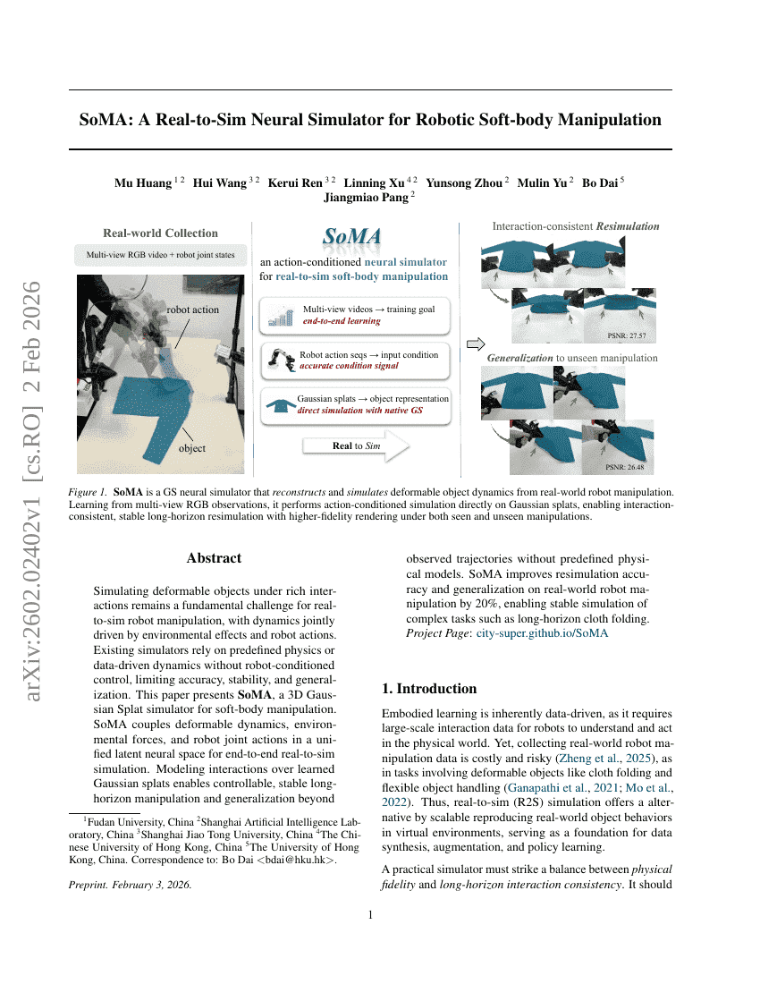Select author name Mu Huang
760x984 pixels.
click(x=143, y=182)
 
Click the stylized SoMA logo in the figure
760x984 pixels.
click(x=352, y=238)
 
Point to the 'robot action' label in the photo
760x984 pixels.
click(x=192, y=310)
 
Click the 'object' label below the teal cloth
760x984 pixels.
click(x=191, y=448)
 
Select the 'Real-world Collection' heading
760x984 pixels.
click(x=160, y=233)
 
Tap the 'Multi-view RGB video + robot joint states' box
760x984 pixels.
click(x=160, y=255)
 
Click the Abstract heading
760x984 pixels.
click(x=214, y=558)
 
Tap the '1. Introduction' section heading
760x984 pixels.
click(x=429, y=689)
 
